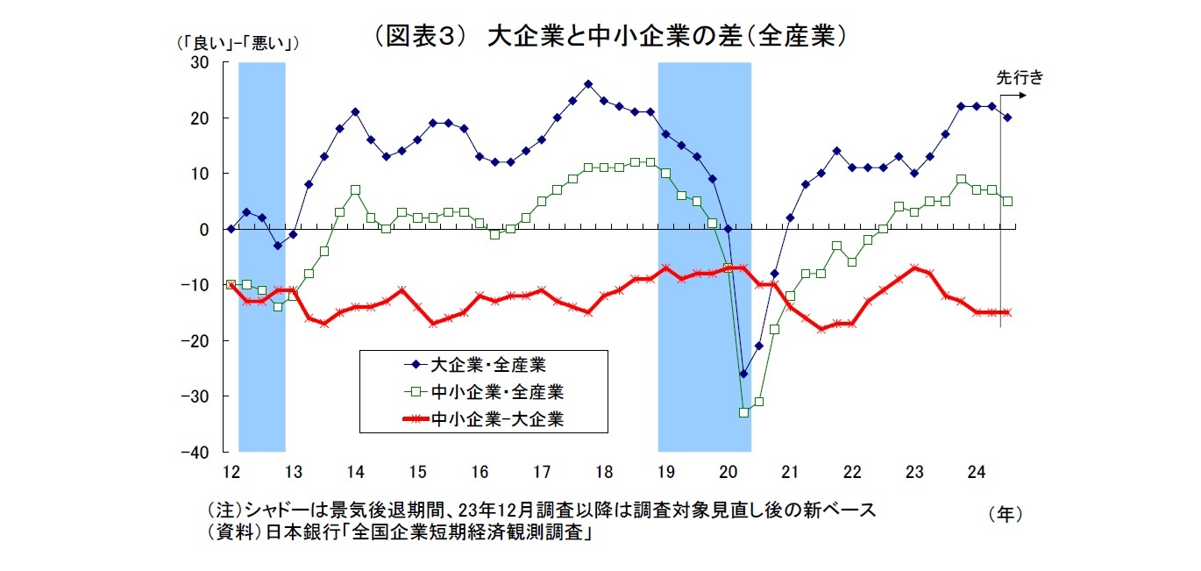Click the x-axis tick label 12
[231, 471]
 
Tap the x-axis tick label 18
[604, 471]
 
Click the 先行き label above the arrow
[1020, 76]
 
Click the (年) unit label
[1005, 514]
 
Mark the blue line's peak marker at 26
[588, 84]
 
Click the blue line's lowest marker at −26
[743, 374]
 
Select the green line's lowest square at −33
[743, 412]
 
